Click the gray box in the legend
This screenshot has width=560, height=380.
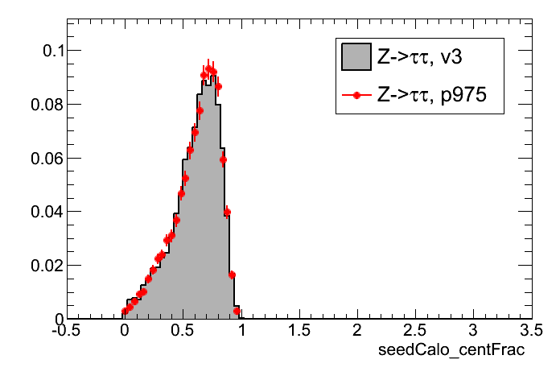click(x=356, y=56)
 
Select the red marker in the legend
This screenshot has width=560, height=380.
click(x=356, y=96)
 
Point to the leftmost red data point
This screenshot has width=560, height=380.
click(x=125, y=311)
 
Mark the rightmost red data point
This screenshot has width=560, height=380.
click(x=237, y=310)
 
